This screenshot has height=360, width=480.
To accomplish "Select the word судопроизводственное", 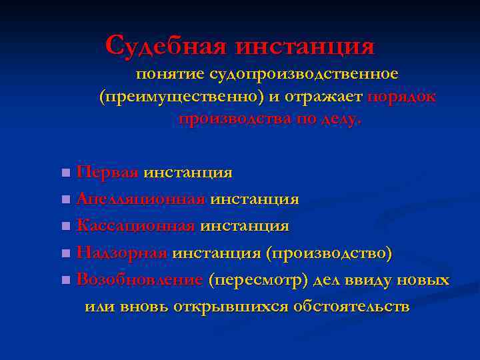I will coord(304,73).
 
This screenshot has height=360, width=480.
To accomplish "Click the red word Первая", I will coord(107,173).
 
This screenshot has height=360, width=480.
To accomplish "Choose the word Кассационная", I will coord(135,226).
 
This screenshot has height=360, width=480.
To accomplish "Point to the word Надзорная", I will coord(121,253).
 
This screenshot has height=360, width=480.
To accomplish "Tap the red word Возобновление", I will coord(139,280).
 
